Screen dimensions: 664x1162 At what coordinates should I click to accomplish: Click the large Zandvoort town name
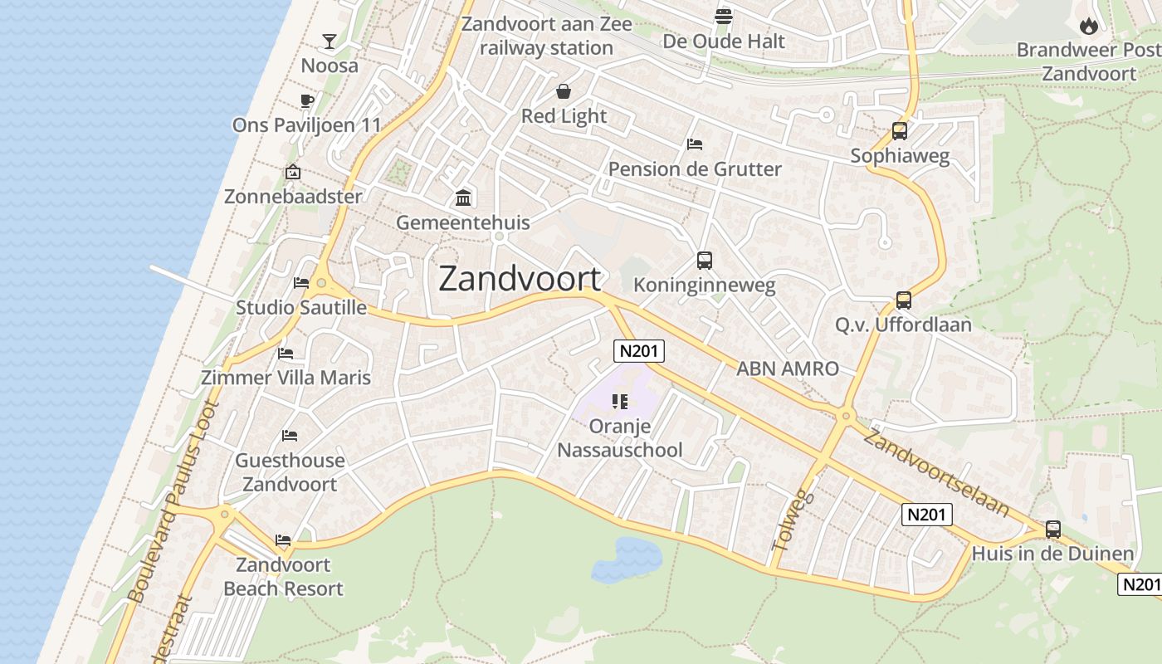[x=520, y=279]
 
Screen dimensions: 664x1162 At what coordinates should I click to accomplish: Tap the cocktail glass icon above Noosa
[x=330, y=41]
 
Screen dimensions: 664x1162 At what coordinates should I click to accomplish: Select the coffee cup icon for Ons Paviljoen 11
[x=307, y=101]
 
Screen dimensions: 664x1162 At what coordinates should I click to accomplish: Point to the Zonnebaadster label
[x=293, y=197]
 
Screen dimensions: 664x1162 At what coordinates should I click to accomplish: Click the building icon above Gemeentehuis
[x=463, y=198]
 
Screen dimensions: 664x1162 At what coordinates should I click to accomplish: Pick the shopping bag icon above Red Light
[x=564, y=91]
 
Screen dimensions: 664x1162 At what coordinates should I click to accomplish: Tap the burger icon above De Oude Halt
[x=724, y=16]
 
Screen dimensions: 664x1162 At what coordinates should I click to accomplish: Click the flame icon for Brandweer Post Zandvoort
[x=1089, y=26]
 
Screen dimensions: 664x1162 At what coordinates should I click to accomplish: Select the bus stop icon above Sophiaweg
[x=900, y=131]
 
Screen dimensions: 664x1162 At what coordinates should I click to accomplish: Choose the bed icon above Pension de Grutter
[x=695, y=144]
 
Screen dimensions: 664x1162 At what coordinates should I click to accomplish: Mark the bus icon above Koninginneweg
[x=704, y=261]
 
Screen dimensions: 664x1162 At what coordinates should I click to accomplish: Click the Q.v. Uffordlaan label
[x=903, y=325]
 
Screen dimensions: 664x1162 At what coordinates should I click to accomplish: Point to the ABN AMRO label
[x=788, y=369]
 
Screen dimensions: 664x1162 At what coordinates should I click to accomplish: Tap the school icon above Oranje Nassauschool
[x=620, y=402]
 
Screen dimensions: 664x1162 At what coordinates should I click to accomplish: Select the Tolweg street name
[x=793, y=520]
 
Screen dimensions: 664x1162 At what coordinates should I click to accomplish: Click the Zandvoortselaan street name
[x=936, y=471]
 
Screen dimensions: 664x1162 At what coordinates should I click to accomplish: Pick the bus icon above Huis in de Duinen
[x=1053, y=529]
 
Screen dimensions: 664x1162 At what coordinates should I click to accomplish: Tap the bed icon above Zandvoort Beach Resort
[x=283, y=540]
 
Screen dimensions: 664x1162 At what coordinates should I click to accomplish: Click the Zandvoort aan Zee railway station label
[x=546, y=36]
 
